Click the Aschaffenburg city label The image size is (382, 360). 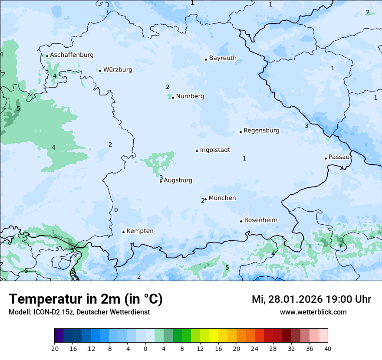[x=72, y=55]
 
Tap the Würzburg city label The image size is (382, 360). [x=118, y=70]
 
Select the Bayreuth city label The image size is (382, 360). [x=223, y=58]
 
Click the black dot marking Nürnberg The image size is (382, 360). [x=173, y=98]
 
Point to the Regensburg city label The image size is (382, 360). [x=261, y=131]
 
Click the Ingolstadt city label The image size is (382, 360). [x=215, y=150]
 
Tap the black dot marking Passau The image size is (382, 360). [x=326, y=158]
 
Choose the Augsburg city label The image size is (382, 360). [x=178, y=180]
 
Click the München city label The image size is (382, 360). [x=222, y=198]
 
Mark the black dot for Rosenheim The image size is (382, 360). [x=241, y=221]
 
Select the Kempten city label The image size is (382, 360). [x=140, y=231]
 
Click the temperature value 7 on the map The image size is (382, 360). [x=340, y=246]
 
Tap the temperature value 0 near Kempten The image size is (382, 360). [x=116, y=210]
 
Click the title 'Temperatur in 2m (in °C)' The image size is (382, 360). [x=86, y=299]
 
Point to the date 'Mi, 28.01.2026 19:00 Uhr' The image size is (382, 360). [x=311, y=299]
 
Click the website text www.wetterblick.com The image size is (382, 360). [x=313, y=312]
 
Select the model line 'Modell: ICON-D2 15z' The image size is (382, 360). [x=79, y=312]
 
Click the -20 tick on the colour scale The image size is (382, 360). [x=54, y=348]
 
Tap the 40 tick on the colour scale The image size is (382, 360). [x=328, y=348]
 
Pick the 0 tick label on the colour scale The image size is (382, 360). [x=145, y=348]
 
